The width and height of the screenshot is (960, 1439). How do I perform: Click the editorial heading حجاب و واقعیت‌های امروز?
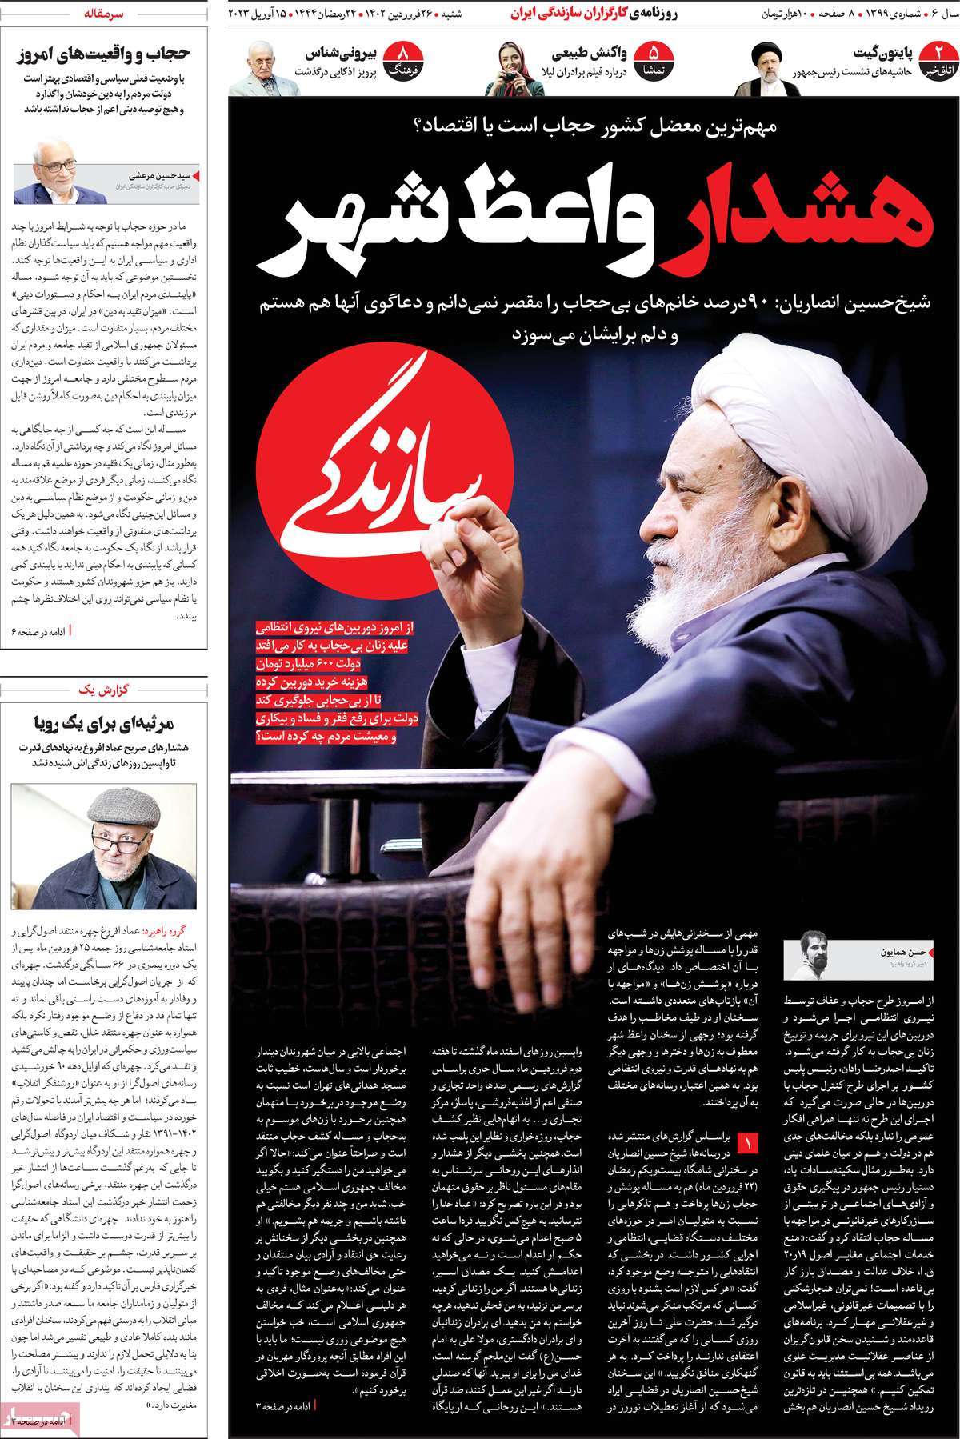[103, 54]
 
